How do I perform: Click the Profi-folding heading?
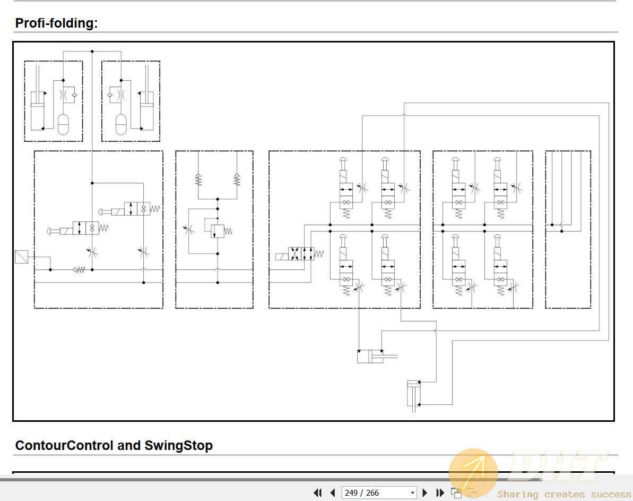(x=56, y=23)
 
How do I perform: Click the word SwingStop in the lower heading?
(x=178, y=445)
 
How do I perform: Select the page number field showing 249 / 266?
(x=379, y=492)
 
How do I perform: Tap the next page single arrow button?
(x=424, y=492)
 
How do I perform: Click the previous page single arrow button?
(x=333, y=492)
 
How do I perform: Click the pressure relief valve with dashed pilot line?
(x=218, y=231)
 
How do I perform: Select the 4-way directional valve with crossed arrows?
(x=301, y=253)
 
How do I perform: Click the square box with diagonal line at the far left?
(x=21, y=257)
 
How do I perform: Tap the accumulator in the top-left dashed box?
(x=63, y=124)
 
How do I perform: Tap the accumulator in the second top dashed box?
(x=121, y=124)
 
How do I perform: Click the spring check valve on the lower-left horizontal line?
(x=79, y=270)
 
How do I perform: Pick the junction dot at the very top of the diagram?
(x=92, y=52)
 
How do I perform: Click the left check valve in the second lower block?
(x=198, y=179)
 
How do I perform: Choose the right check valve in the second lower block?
(x=237, y=179)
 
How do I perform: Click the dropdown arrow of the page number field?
(x=412, y=493)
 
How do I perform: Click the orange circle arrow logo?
(x=473, y=472)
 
